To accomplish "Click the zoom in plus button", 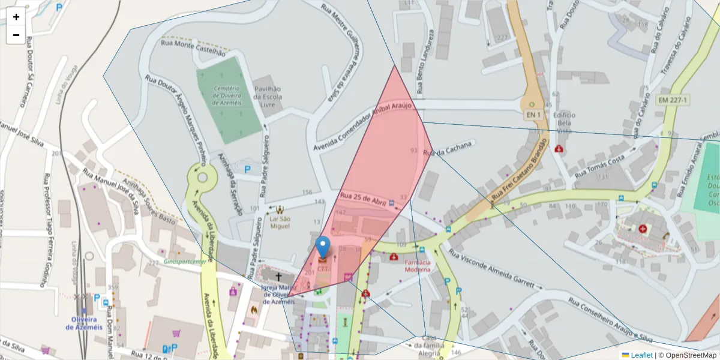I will coord(16,17).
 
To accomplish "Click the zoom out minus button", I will coord(16,35).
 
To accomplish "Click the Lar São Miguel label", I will coord(280,222).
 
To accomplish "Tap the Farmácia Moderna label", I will coord(417,266).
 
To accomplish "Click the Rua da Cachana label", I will coord(449,150).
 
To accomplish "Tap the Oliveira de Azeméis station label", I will coord(85,322).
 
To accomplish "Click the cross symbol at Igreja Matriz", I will coord(278,277).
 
